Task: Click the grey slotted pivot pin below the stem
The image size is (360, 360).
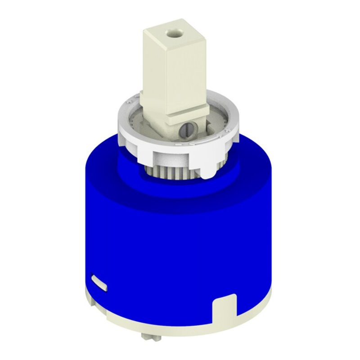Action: click(186, 131)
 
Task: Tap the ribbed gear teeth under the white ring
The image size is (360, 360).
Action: click(173, 171)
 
